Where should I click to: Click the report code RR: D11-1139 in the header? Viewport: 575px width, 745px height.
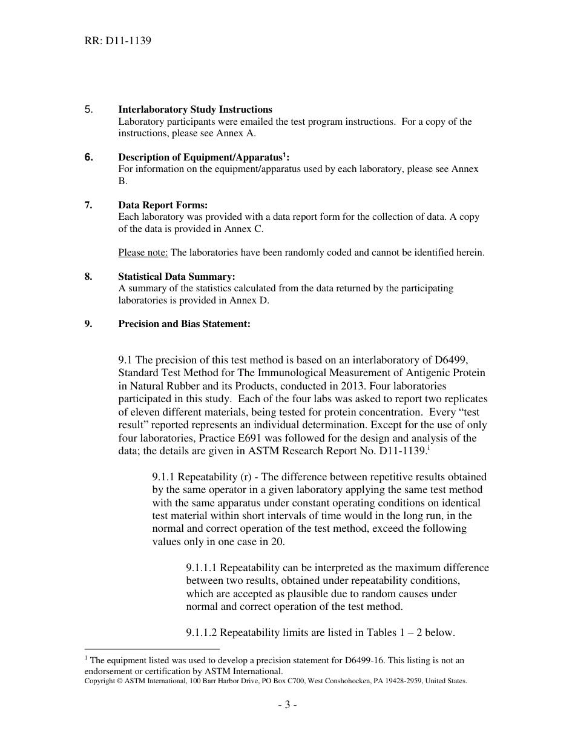117,41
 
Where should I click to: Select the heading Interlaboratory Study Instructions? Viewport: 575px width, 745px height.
195,110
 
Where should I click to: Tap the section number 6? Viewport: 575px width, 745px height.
89,157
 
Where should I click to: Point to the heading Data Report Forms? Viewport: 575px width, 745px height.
163,205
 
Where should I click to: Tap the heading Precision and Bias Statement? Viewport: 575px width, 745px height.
184,324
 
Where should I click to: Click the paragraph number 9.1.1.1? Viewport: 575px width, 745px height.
202,568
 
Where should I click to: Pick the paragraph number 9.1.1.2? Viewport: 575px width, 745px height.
202,633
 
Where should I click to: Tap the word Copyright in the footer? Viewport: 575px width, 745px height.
100,681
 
